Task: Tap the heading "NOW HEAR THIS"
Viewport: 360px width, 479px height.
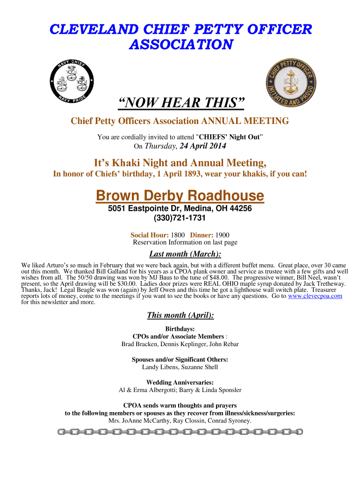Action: (x=180, y=103)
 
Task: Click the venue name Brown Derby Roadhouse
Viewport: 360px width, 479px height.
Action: (x=180, y=196)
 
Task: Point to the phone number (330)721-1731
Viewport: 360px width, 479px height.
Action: (x=180, y=218)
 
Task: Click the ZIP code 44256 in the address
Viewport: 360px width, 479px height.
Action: (x=241, y=209)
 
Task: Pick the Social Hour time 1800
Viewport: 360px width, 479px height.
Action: (x=178, y=235)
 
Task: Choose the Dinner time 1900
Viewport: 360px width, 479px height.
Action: (x=222, y=235)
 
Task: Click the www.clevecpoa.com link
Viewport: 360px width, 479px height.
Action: (x=315, y=296)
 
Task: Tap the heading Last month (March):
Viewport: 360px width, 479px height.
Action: (x=185, y=254)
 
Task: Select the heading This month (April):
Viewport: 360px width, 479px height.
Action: (x=180, y=315)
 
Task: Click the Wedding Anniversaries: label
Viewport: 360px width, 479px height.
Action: (x=180, y=382)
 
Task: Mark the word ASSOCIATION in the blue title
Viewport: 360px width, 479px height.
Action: (x=180, y=45)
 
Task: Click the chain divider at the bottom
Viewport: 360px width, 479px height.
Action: (x=180, y=432)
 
